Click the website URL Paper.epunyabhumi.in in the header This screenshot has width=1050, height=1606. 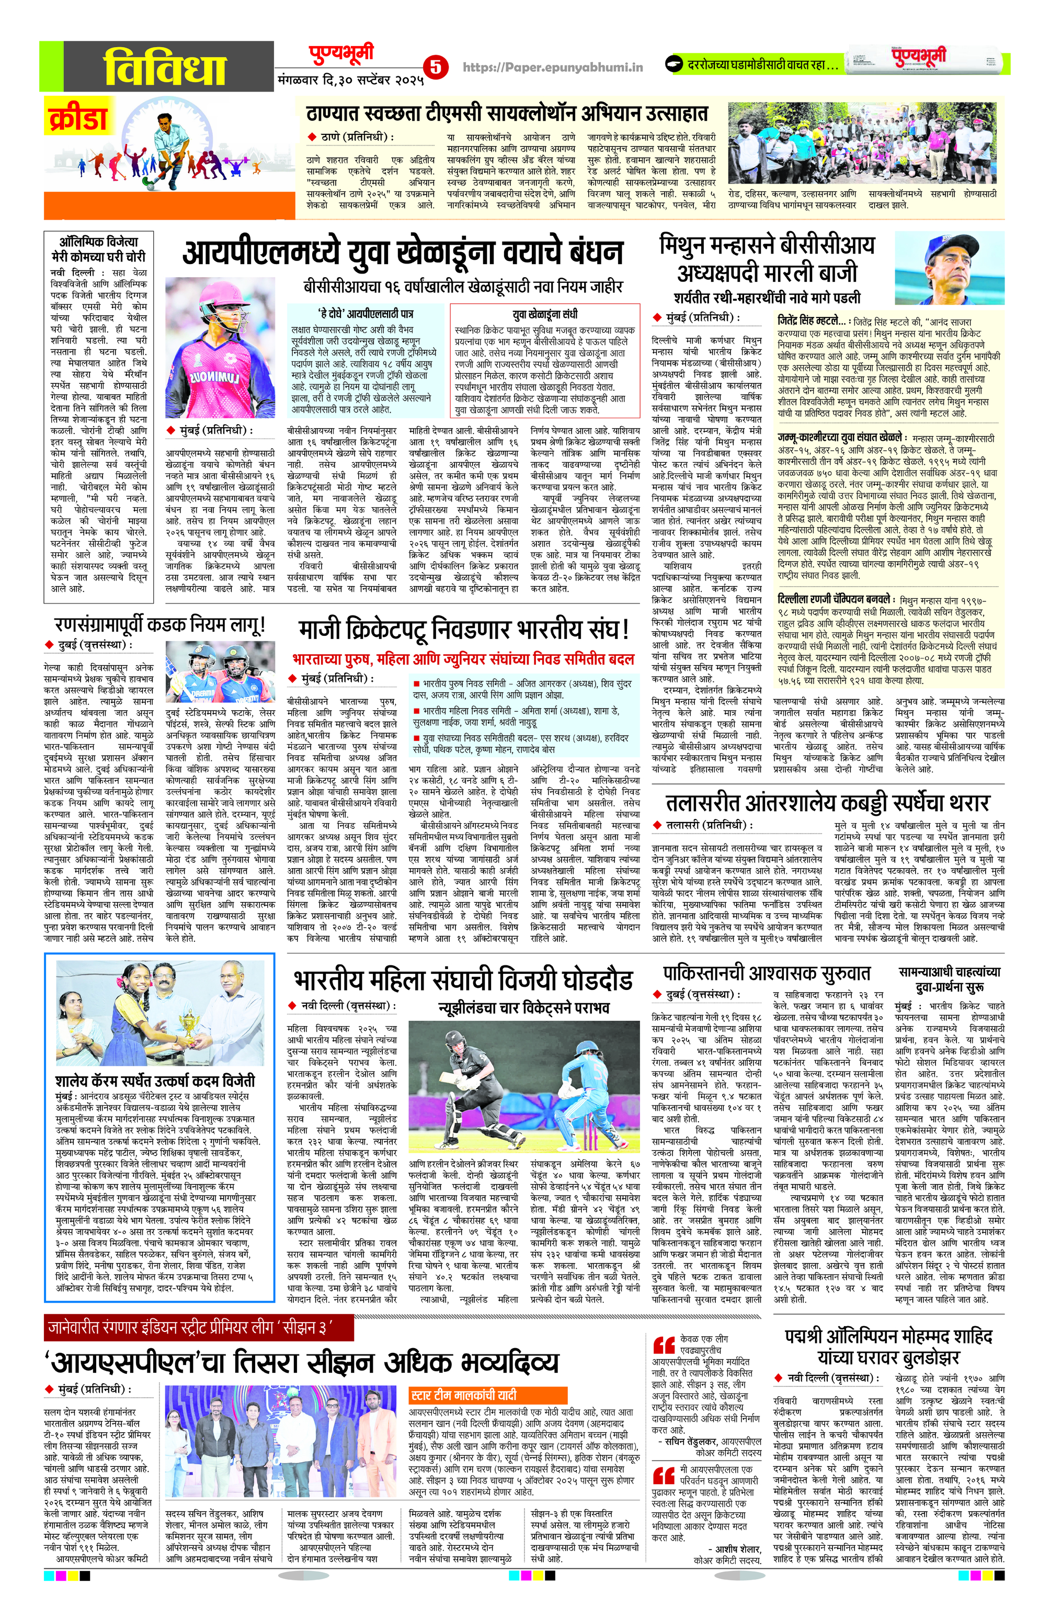click(553, 67)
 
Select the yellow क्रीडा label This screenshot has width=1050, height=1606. click(77, 118)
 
